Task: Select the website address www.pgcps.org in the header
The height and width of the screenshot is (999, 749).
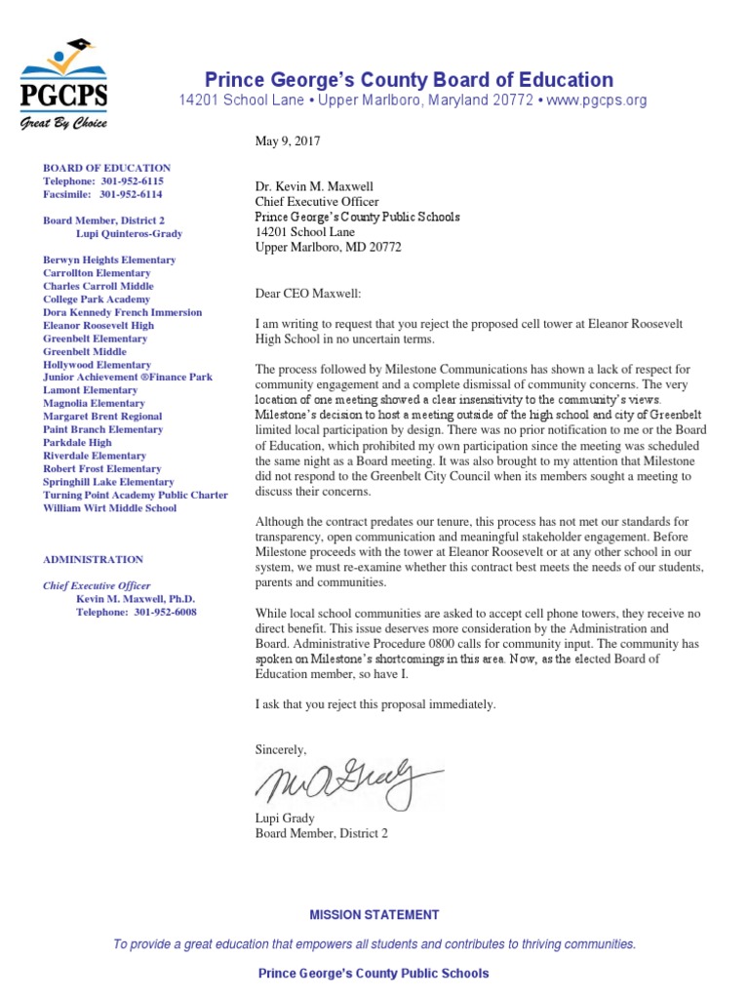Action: point(595,100)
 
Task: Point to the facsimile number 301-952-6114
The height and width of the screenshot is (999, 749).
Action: point(132,194)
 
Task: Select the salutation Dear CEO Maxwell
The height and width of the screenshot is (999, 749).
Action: point(307,293)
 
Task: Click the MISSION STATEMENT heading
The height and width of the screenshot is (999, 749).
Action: point(374,915)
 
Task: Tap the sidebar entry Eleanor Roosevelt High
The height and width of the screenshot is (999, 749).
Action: point(99,326)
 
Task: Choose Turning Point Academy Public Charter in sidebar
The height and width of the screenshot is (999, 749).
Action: point(136,495)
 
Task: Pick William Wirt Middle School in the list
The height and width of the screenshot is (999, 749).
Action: point(110,508)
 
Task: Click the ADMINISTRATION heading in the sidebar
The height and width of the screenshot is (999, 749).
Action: point(93,560)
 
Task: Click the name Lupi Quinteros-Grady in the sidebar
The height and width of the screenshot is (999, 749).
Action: point(129,234)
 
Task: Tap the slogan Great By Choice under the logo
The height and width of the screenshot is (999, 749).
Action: point(64,124)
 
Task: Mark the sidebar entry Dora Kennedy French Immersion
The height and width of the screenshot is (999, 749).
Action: point(123,313)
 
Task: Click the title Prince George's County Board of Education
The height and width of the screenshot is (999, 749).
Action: point(409,80)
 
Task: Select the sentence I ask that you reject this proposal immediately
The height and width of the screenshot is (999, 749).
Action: point(375,703)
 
